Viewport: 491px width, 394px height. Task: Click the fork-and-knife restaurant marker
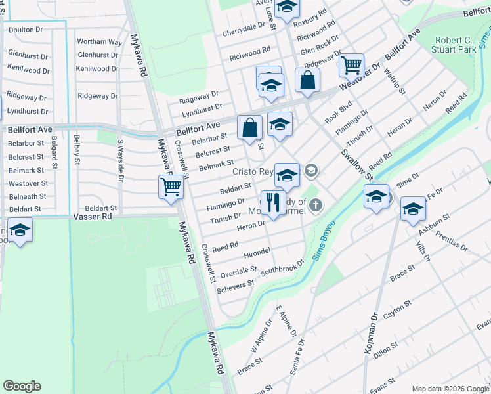[x=270, y=202]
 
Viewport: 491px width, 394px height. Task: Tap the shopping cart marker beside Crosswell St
[x=171, y=186]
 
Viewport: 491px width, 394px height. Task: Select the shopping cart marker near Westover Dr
[x=351, y=65]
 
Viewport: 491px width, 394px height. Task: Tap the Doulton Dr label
[x=26, y=30]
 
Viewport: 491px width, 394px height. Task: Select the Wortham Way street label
[x=99, y=42]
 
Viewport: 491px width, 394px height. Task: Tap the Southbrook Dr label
[x=283, y=267]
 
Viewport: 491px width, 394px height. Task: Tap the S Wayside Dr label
[x=121, y=158]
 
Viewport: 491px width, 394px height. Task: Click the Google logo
[x=22, y=386]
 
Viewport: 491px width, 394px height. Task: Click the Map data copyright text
[x=450, y=389]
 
